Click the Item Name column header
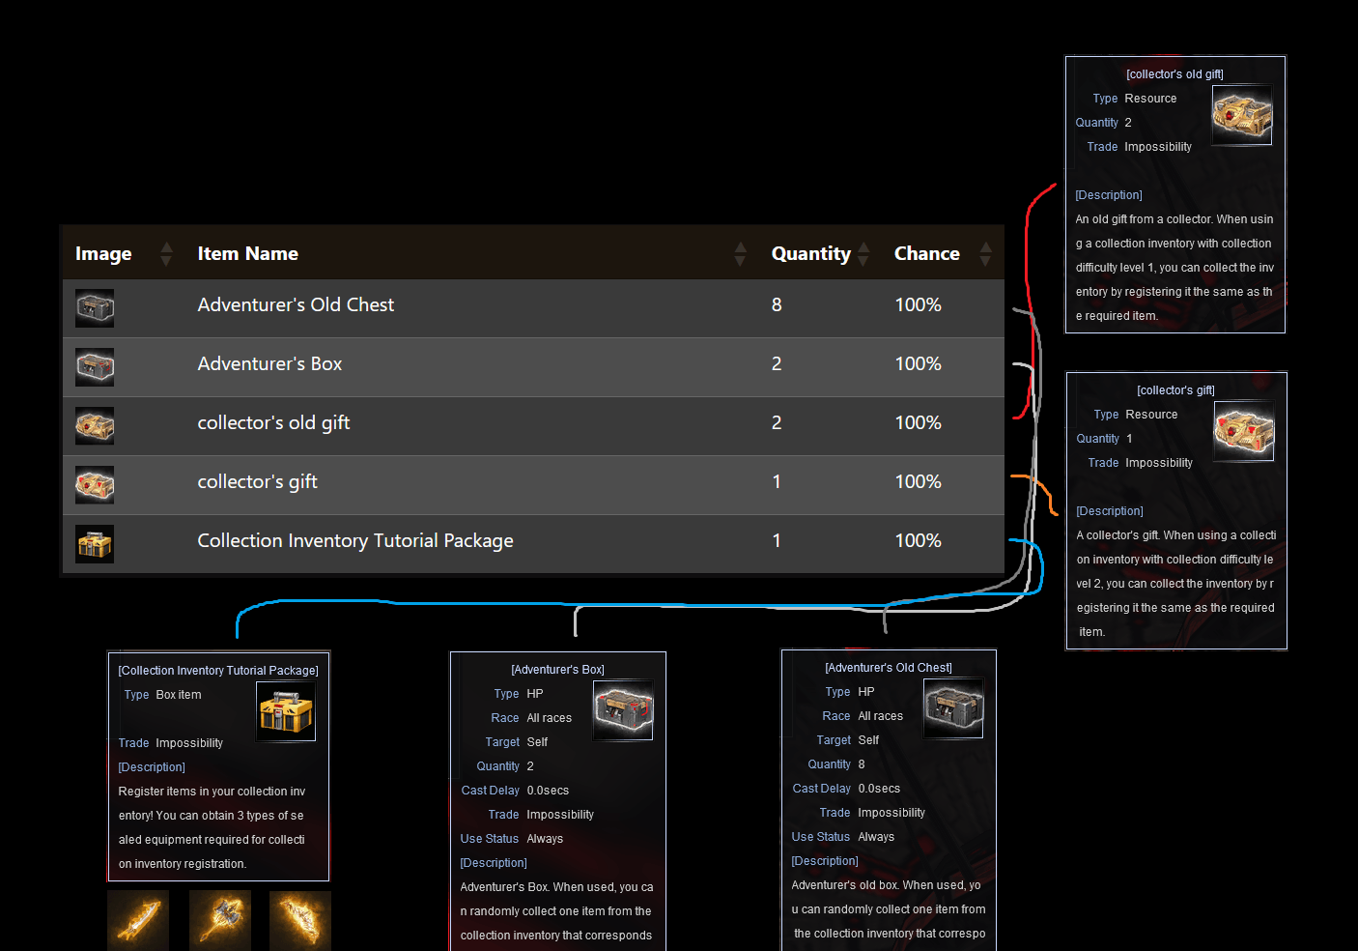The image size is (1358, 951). [247, 253]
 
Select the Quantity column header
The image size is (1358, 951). [810, 253]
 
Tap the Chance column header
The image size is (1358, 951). [926, 253]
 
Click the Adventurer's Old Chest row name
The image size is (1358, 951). [296, 304]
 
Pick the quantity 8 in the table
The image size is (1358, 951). [777, 304]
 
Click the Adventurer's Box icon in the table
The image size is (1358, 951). [95, 367]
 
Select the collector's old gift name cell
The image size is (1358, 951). [273, 422]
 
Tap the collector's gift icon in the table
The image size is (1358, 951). [95, 484]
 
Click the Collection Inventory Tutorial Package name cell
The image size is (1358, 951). [355, 540]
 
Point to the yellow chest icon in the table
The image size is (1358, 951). [95, 544]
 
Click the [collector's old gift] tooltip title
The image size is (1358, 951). [1174, 74]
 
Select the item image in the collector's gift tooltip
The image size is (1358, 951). [1243, 431]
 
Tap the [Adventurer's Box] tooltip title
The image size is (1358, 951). [557, 670]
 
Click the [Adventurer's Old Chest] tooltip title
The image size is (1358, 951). [889, 668]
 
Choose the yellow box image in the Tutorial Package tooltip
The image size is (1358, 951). [286, 711]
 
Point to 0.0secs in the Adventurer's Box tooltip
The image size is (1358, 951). [548, 791]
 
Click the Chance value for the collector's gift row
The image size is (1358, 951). [918, 481]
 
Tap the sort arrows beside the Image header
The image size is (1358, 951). [166, 254]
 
